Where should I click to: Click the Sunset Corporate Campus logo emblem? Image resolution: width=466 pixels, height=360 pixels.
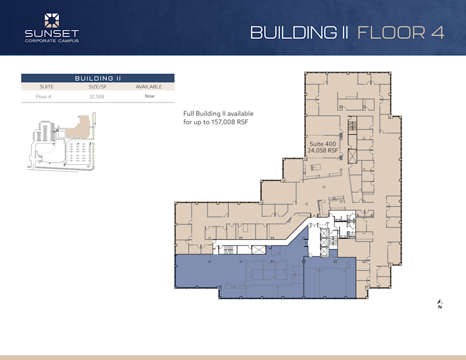point(52,21)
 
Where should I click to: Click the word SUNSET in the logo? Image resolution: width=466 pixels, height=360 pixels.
point(52,34)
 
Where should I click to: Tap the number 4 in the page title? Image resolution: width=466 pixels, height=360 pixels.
point(437,32)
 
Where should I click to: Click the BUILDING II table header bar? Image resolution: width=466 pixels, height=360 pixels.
point(97,78)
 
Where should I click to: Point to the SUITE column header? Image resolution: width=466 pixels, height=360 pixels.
point(46,87)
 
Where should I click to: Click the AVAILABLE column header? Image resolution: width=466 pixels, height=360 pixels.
point(149,87)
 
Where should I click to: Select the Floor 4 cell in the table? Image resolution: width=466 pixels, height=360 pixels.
point(43,96)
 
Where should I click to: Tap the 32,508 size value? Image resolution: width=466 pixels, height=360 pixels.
point(97,96)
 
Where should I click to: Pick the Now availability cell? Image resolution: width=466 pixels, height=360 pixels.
point(149,96)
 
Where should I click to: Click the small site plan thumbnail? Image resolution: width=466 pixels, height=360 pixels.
point(60,142)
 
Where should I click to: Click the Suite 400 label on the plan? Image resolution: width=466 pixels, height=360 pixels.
point(323,143)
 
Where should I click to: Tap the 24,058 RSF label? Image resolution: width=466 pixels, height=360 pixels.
point(323,150)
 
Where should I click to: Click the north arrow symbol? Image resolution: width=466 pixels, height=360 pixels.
point(440,301)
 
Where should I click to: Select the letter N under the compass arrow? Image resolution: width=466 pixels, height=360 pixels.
point(440,307)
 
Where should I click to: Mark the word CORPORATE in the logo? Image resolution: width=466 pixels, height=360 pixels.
point(41,41)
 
